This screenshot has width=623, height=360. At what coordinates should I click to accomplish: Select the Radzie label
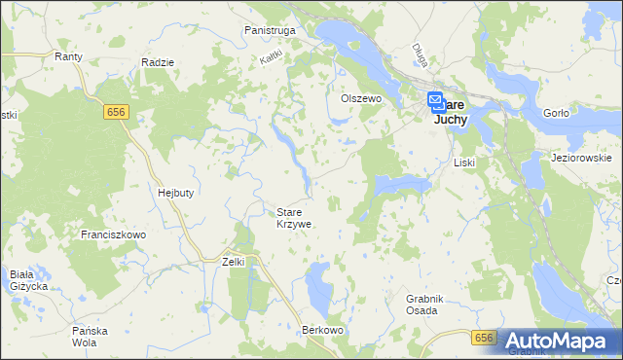[x=157, y=62]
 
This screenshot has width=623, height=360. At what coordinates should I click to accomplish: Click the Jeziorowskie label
[x=580, y=158]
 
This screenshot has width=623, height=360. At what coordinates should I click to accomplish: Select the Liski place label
[x=464, y=162]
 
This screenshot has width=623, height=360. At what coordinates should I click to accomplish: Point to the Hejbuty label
[x=176, y=193]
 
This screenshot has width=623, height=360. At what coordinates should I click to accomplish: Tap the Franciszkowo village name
[x=113, y=235]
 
